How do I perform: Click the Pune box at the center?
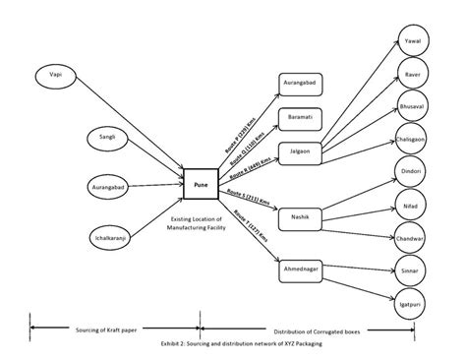(200, 183)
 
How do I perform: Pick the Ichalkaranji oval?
(107, 236)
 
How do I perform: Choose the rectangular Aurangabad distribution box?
(301, 86)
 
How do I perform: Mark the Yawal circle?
(413, 42)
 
